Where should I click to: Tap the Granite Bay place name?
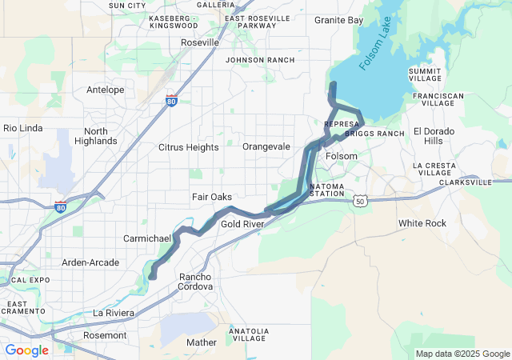339,19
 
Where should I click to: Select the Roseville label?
201,42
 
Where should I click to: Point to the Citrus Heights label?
188,147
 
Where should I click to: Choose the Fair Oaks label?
211,197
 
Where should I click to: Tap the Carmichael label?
147,238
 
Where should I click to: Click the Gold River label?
242,225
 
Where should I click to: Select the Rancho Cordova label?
195,281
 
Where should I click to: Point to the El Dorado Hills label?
433,135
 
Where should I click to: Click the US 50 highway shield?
362,201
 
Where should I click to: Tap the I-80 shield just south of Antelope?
172,101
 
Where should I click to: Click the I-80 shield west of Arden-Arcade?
61,207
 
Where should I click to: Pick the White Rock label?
422,223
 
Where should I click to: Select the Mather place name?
201,342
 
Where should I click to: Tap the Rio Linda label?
22,128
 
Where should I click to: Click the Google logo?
27,350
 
